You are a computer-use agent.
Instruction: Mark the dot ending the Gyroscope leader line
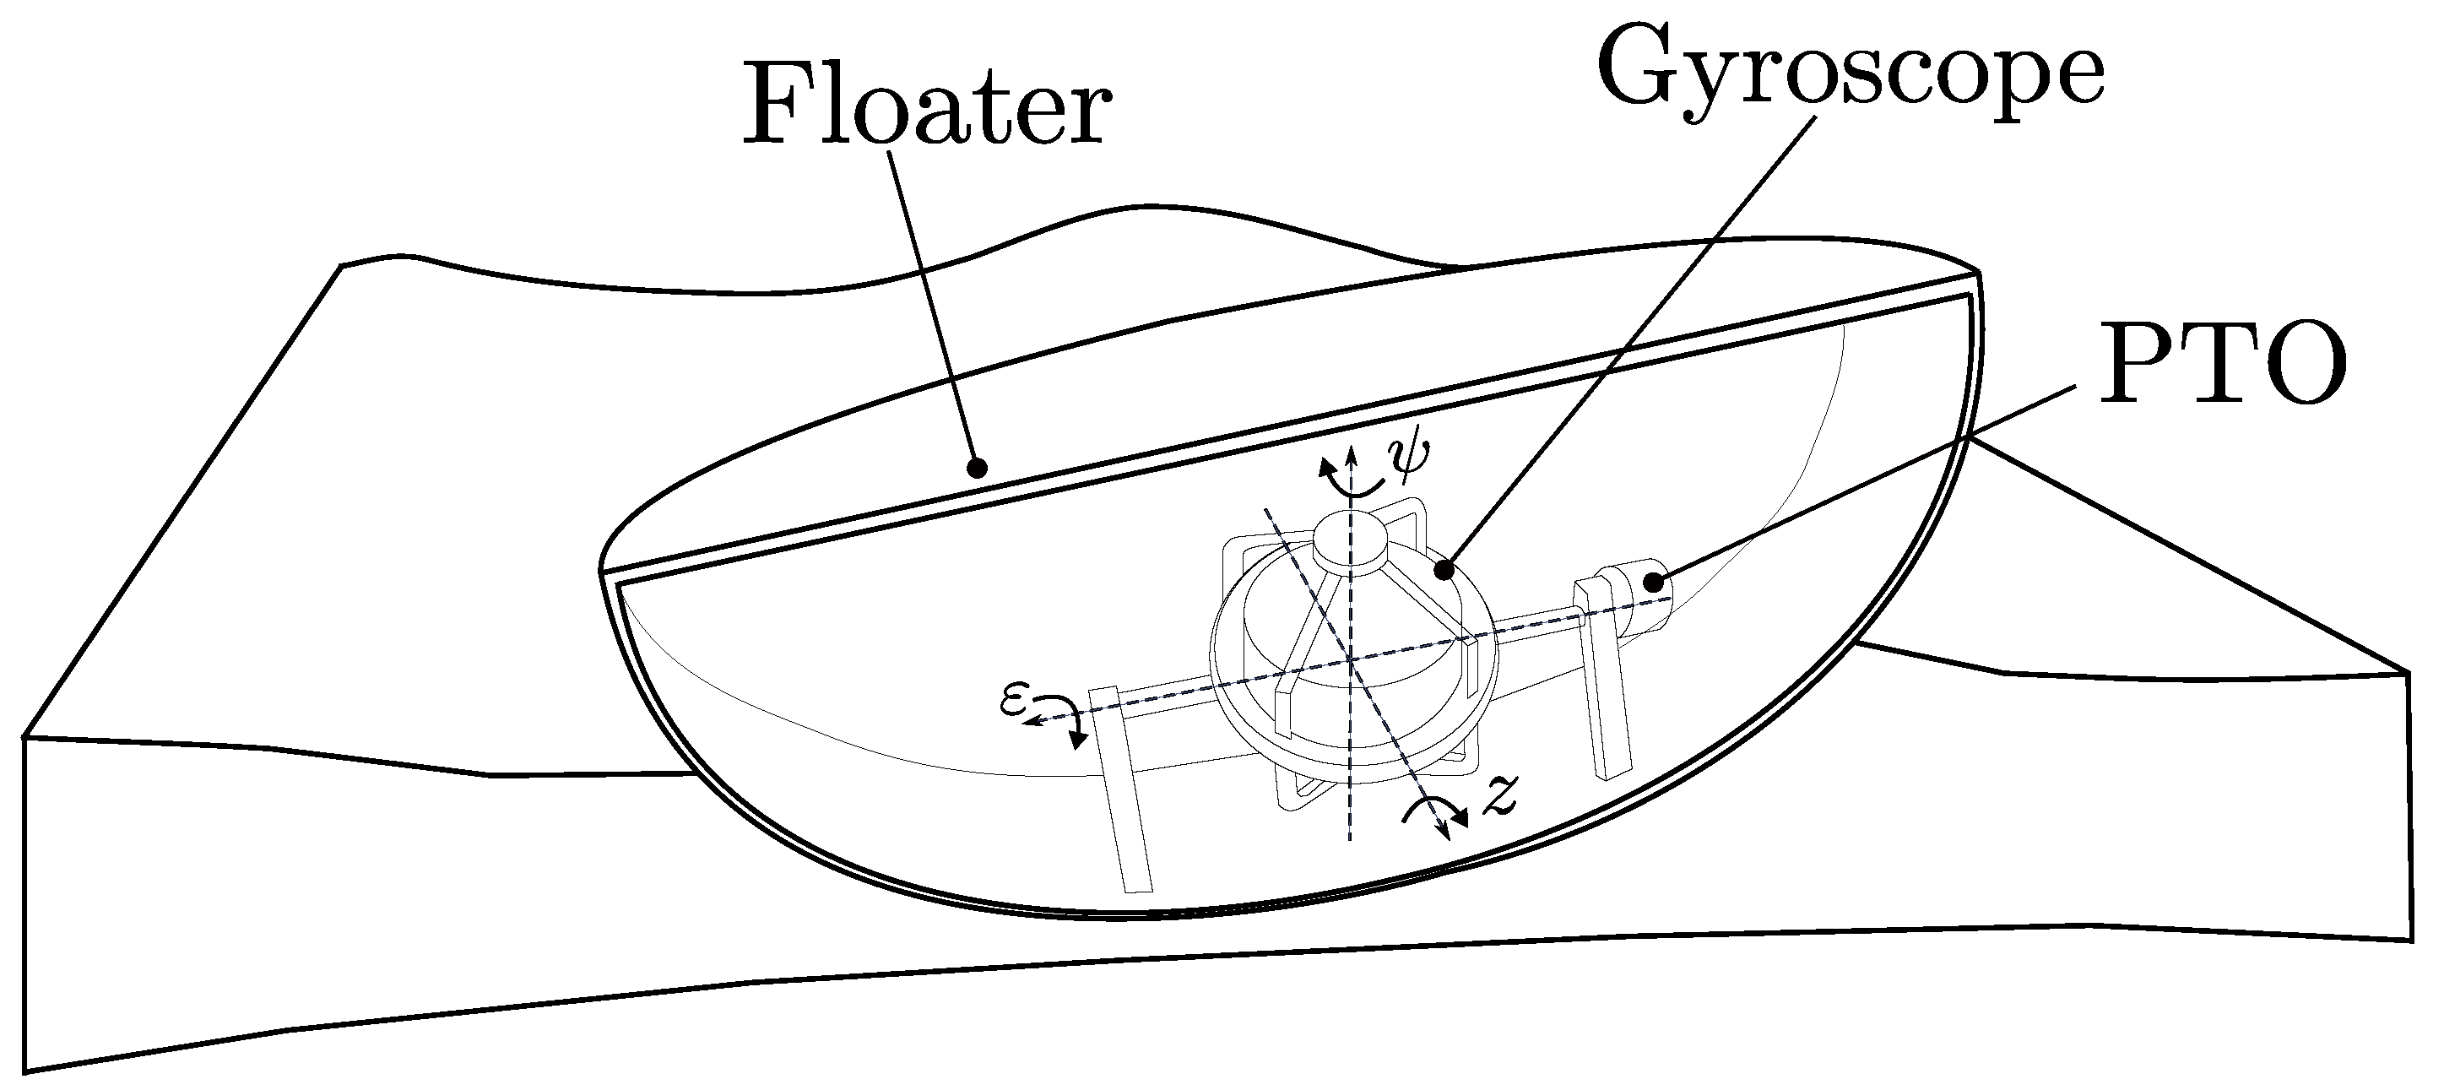(1444, 570)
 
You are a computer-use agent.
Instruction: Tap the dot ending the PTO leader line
(1654, 582)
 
